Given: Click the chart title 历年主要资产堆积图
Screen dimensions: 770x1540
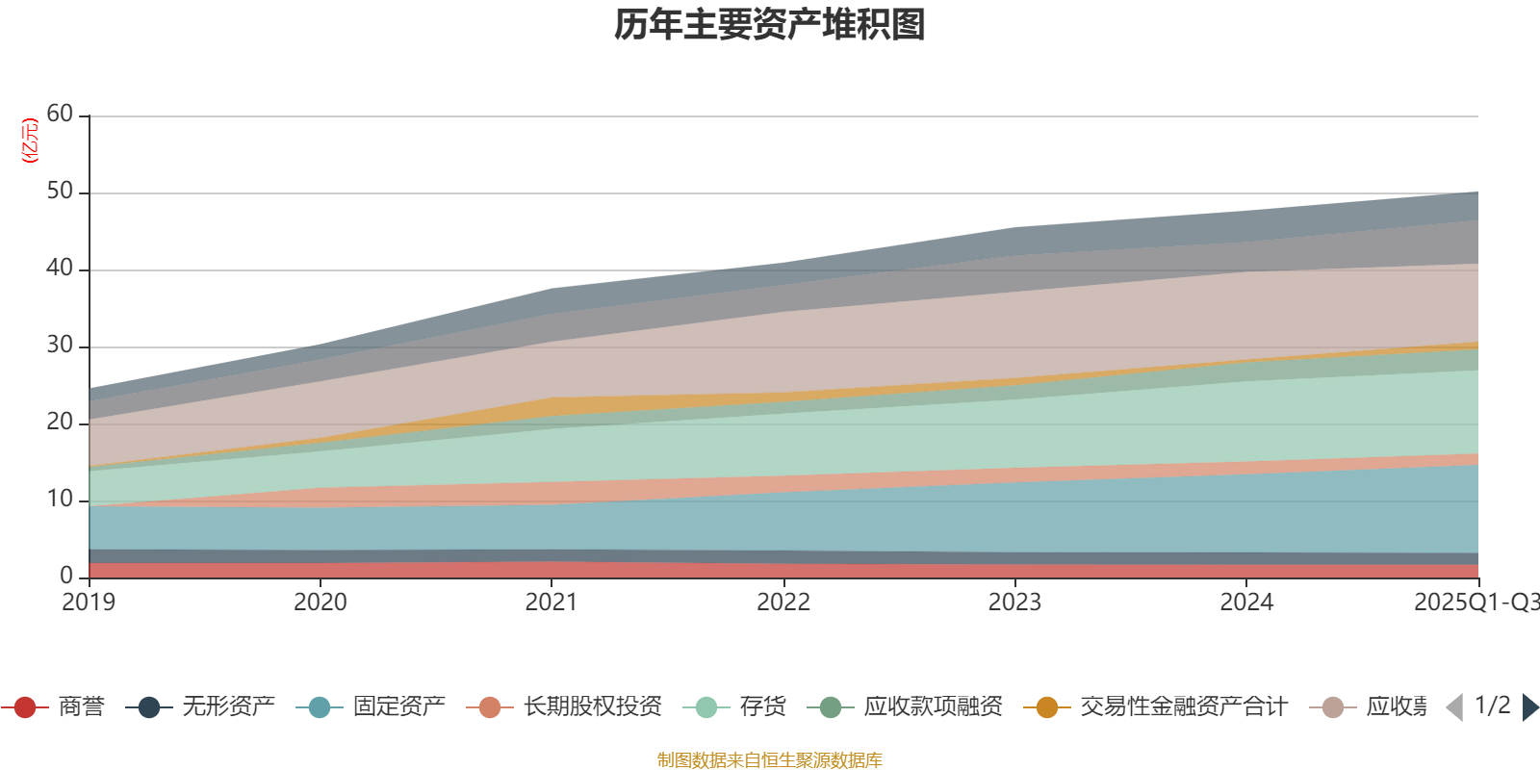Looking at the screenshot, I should click(x=770, y=25).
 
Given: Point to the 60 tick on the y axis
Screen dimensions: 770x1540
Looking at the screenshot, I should click(x=60, y=115).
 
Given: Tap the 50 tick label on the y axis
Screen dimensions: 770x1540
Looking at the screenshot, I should click(x=60, y=192).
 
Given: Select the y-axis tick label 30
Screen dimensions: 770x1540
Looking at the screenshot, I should click(x=60, y=346).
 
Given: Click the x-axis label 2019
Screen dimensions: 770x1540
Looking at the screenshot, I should click(x=89, y=603).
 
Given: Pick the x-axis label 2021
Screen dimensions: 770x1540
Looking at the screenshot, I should click(x=551, y=603).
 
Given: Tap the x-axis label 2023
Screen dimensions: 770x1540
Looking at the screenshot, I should click(x=1014, y=603).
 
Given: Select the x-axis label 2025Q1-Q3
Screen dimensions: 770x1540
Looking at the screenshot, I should click(x=1475, y=603).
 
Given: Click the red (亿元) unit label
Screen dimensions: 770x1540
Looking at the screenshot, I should click(x=31, y=141).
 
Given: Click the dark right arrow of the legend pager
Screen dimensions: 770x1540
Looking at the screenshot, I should click(x=1529, y=707).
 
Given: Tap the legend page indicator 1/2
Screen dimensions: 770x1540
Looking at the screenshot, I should click(x=1492, y=706).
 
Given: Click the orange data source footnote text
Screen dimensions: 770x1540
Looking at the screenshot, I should click(x=770, y=760).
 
